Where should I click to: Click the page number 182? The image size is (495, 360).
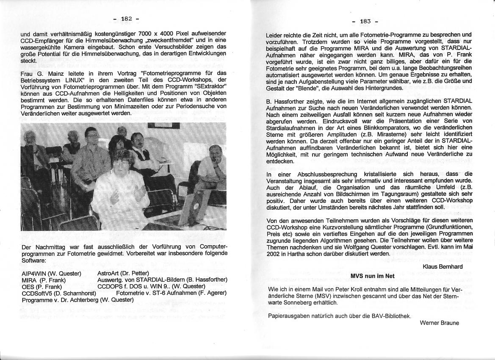pos(127,19)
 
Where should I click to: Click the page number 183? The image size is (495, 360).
pos(365,21)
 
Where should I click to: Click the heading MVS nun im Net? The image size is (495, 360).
pos(372,276)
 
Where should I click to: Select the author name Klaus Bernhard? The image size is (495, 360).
pos(442,266)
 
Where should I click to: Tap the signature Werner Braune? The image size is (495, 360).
pos(439,323)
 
